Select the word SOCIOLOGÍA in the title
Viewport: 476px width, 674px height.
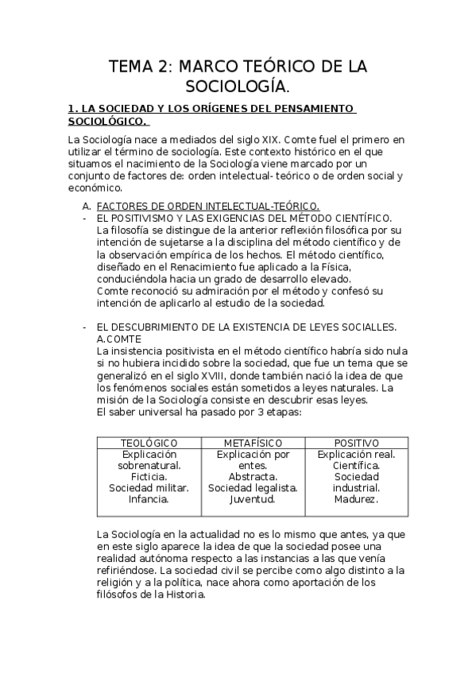(235, 86)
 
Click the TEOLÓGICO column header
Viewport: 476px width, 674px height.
(149, 442)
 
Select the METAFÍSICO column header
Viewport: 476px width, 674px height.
(252, 442)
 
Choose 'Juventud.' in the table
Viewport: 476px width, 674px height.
(252, 499)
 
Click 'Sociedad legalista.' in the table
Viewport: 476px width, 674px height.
(252, 487)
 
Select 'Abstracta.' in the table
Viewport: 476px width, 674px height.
(252, 476)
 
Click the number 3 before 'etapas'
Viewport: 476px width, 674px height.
(242, 412)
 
